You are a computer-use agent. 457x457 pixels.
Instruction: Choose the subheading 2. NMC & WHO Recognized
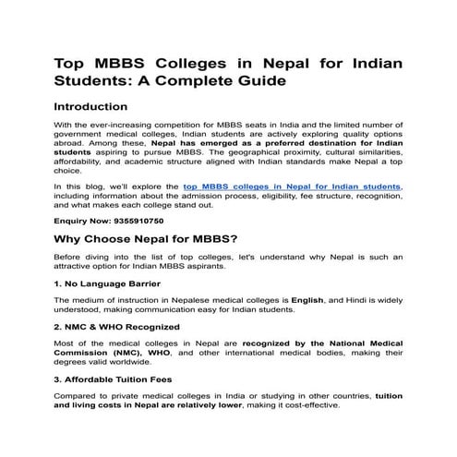(117, 327)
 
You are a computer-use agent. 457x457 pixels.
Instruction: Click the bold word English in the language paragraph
(307, 301)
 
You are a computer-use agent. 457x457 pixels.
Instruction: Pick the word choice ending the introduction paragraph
(69, 169)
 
